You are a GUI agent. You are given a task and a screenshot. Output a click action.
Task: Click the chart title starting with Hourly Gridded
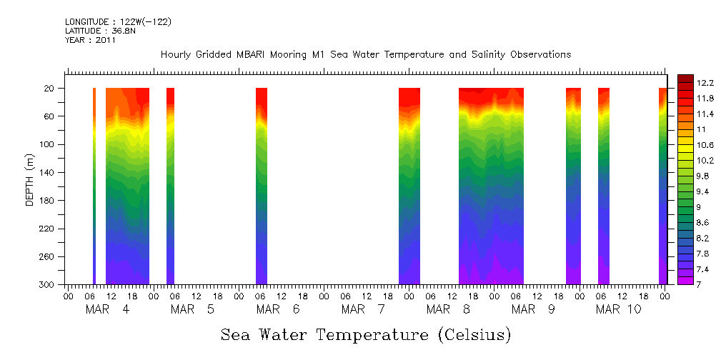click(x=366, y=55)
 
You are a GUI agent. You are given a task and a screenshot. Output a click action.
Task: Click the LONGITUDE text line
click(x=118, y=22)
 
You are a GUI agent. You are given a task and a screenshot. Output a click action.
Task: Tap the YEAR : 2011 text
click(x=90, y=41)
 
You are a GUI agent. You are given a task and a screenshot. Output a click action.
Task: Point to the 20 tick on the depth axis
click(x=50, y=89)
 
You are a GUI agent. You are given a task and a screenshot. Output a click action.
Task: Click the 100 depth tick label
click(x=48, y=144)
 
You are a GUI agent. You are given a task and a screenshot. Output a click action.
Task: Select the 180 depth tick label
click(x=48, y=201)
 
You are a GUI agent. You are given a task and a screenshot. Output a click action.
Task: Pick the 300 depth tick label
click(x=48, y=285)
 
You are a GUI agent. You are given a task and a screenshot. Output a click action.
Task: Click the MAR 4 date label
click(x=107, y=309)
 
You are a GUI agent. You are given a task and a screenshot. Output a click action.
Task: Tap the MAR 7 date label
click(x=363, y=309)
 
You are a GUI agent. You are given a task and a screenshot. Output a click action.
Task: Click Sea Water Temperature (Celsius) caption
click(x=366, y=335)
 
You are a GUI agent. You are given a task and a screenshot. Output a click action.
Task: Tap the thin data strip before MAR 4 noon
click(x=94, y=186)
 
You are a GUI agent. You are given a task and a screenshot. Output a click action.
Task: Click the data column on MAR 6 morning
click(x=262, y=186)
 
